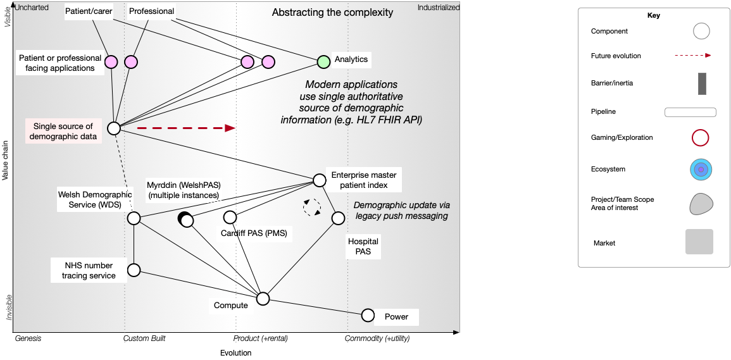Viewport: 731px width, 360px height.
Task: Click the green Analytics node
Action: [x=323, y=61]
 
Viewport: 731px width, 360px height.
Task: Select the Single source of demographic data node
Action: [x=114, y=128]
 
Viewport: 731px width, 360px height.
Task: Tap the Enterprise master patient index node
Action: [x=320, y=180]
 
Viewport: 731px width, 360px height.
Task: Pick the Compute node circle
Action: [x=263, y=299]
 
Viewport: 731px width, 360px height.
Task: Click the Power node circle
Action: [x=368, y=315]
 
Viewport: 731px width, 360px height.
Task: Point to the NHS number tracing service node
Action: [x=134, y=270]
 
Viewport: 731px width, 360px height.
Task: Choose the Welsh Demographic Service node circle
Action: [x=134, y=218]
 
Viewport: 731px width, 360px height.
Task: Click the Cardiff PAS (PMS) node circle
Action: [x=230, y=218]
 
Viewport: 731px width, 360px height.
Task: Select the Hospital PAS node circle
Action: [x=339, y=218]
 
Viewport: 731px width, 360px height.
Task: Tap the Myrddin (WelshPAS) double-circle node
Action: [x=186, y=220]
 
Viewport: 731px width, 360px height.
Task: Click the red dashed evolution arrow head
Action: [x=230, y=128]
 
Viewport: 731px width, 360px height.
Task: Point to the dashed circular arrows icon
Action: [x=311, y=208]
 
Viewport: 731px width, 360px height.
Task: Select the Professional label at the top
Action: [x=151, y=11]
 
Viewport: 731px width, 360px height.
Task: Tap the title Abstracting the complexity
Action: [x=332, y=13]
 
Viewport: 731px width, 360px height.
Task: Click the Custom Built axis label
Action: [x=144, y=338]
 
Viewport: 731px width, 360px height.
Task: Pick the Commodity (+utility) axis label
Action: [x=377, y=338]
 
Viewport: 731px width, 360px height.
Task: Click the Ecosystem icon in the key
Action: [x=701, y=170]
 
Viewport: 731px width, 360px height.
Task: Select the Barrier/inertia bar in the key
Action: [x=702, y=84]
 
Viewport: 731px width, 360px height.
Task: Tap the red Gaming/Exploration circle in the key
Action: [x=700, y=137]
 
